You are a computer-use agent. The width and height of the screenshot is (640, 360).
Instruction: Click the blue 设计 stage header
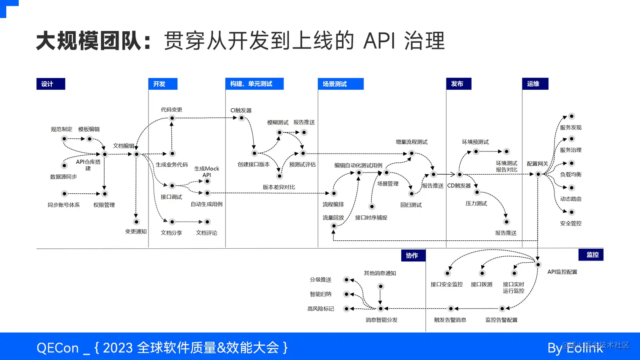tap(50, 84)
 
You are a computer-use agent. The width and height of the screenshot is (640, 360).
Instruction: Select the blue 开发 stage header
tap(163, 84)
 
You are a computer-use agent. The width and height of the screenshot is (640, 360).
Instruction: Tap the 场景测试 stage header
tap(340, 84)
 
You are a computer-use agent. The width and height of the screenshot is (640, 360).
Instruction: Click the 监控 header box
tap(590, 255)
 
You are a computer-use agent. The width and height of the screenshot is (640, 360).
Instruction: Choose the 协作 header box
tap(413, 256)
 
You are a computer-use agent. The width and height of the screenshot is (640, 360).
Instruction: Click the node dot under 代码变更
tap(172, 118)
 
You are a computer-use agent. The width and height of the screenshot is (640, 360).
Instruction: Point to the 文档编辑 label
tap(123, 146)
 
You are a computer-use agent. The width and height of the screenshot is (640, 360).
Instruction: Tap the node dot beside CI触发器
tap(241, 118)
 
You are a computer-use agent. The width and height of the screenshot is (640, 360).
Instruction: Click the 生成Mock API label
tap(207, 171)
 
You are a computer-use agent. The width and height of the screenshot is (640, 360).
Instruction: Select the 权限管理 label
tap(104, 205)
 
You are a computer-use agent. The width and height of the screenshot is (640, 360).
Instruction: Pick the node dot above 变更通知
tap(136, 222)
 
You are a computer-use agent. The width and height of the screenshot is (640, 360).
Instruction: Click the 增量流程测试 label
tap(411, 142)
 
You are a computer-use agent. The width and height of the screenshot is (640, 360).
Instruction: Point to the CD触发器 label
tap(459, 185)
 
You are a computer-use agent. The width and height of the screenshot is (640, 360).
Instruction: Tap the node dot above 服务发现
tap(571, 116)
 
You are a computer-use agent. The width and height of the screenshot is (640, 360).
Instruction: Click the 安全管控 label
tap(571, 223)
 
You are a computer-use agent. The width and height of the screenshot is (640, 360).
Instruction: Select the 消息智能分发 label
tap(381, 320)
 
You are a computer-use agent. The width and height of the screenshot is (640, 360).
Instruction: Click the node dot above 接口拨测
tap(482, 273)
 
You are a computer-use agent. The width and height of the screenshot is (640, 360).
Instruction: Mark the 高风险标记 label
tap(320, 309)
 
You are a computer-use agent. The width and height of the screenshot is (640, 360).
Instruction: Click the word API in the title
tap(379, 41)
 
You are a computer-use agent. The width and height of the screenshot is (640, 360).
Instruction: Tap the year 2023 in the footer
tap(118, 348)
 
